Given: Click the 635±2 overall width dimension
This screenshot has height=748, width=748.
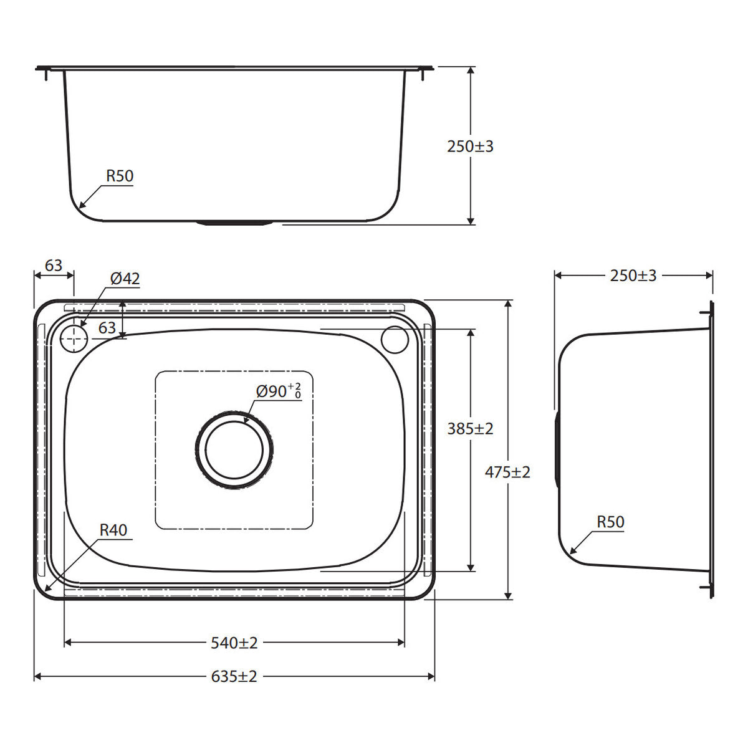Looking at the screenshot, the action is [x=234, y=676].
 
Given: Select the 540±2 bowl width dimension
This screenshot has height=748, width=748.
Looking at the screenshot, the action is [x=234, y=643].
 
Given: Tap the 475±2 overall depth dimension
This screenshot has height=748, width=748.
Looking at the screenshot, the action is [x=507, y=472].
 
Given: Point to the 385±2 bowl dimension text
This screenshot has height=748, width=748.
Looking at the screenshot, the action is [x=470, y=428].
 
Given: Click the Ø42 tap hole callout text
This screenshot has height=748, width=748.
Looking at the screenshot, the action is [x=125, y=279].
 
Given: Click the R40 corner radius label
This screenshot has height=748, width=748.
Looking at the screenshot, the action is [x=113, y=530].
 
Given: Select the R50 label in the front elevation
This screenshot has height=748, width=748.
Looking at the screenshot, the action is [x=120, y=176].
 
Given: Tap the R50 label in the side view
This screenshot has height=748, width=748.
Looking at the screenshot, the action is [x=611, y=522].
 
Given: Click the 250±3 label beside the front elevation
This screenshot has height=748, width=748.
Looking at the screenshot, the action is [x=470, y=146].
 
